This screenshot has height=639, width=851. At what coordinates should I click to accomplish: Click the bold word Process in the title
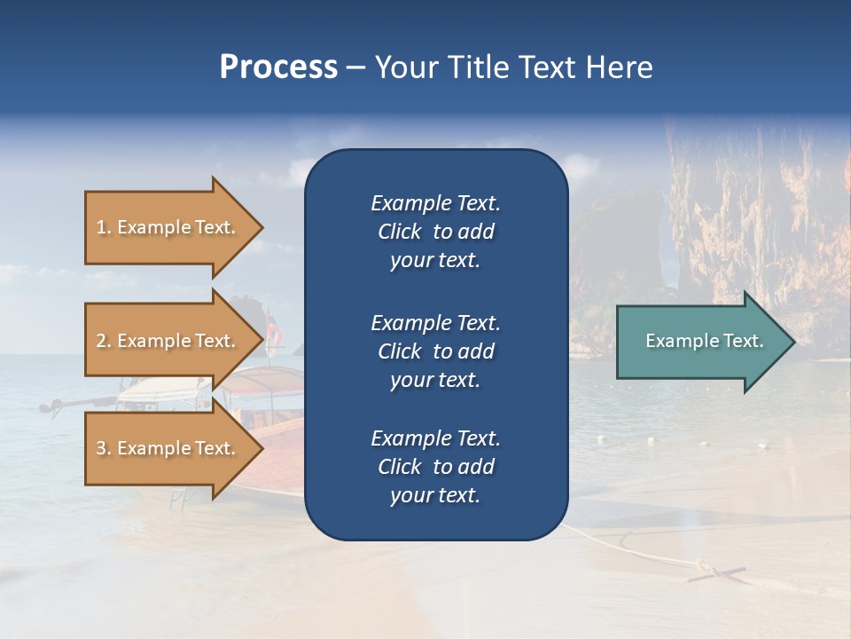(x=278, y=67)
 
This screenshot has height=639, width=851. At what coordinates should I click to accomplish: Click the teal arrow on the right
(x=700, y=341)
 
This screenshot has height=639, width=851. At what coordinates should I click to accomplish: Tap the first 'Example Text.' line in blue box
(x=435, y=203)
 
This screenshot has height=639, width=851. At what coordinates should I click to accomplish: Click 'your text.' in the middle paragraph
(x=435, y=380)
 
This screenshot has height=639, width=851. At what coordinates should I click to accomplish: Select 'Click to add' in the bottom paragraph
(x=435, y=467)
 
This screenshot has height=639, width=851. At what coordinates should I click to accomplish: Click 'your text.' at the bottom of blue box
(x=435, y=496)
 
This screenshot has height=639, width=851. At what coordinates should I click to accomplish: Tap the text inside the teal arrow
(x=705, y=341)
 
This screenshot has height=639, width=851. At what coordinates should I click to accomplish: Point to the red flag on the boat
(x=276, y=334)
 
